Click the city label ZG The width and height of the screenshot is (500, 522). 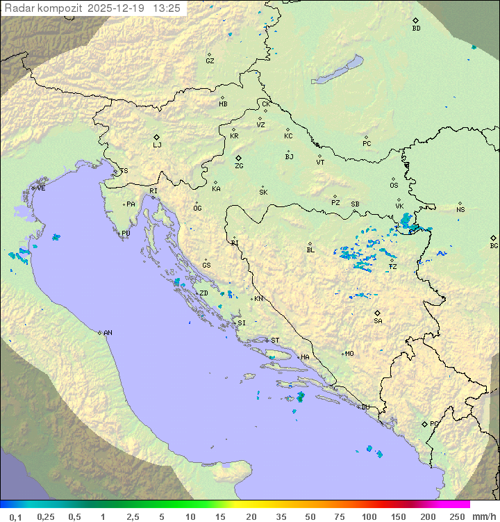point(239,167)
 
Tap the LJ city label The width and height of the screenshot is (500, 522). point(157,145)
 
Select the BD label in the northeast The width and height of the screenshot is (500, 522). point(416,28)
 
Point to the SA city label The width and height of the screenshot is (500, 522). point(378,321)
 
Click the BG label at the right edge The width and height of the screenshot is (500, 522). point(494,245)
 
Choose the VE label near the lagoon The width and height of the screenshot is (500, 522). point(41,188)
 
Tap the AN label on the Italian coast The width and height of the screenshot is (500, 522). point(108,333)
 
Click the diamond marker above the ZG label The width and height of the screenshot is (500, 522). point(239,158)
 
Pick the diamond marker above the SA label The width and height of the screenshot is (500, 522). point(378,313)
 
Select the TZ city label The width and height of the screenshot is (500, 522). point(393,267)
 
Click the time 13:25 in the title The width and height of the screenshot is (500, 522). point(167,8)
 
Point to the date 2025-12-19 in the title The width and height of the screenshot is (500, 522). point(117,8)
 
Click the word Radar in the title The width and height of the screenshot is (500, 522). point(19,8)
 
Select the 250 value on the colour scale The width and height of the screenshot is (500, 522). point(457,516)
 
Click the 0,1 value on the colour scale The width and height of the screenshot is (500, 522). point(15,516)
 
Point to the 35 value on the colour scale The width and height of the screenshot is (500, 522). point(281,516)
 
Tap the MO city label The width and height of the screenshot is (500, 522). point(349,354)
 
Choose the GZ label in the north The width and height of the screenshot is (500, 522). point(210,61)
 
